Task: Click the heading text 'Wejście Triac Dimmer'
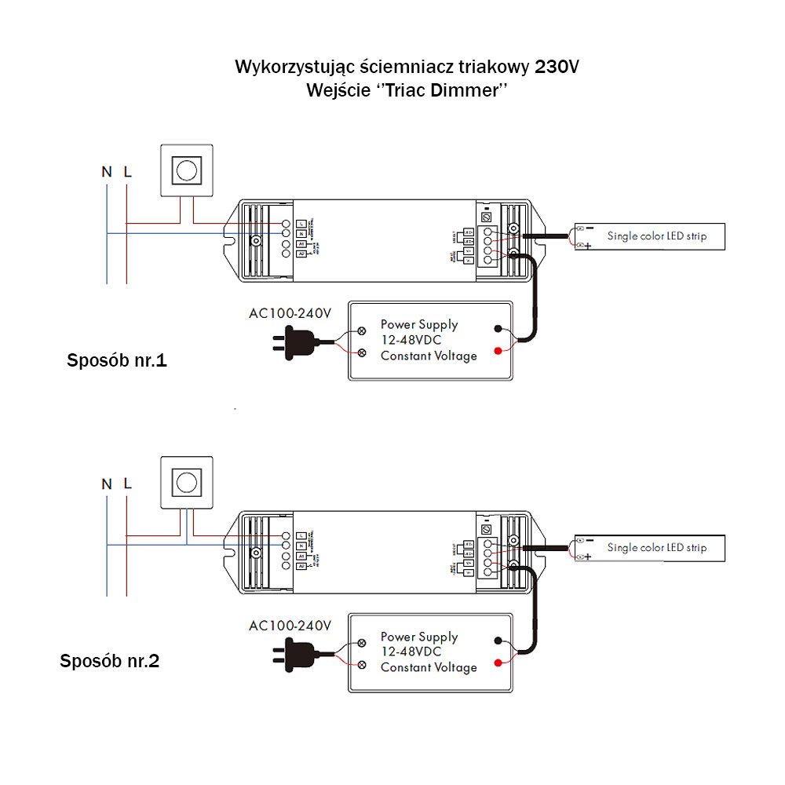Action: [x=407, y=90]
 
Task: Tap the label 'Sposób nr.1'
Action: [x=117, y=362]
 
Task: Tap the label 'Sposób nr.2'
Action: [x=110, y=661]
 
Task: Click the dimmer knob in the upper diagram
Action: [x=187, y=170]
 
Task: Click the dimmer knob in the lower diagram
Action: [x=187, y=481]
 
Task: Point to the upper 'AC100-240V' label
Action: [x=290, y=313]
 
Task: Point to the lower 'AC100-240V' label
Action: [x=290, y=626]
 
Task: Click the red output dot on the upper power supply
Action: [x=498, y=350]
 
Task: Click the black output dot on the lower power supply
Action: [x=498, y=641]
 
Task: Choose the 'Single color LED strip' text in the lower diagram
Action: [x=656, y=547]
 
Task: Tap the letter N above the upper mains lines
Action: [x=106, y=171]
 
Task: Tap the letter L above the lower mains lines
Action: [x=127, y=484]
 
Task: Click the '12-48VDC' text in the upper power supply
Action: [x=411, y=340]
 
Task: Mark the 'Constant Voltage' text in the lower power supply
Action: [x=429, y=667]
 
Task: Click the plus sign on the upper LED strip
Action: [x=588, y=246]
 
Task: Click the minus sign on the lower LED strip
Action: [x=588, y=539]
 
